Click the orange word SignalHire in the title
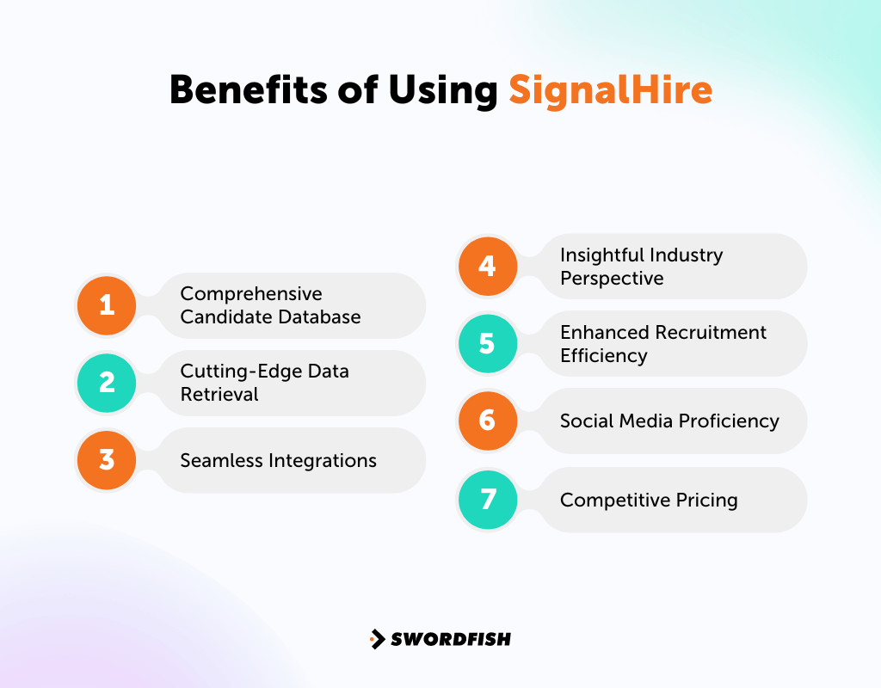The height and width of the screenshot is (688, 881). tap(610, 89)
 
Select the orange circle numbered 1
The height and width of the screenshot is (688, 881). tap(107, 305)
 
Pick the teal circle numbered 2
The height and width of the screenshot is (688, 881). tap(107, 383)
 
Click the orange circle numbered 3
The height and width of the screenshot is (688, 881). tap(107, 460)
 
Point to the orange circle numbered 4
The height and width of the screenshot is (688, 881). tap(487, 266)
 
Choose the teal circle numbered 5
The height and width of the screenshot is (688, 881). tap(487, 343)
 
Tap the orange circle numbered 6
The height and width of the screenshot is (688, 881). tap(487, 421)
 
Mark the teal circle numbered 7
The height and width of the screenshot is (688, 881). tap(487, 500)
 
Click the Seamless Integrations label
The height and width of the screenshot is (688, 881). tap(278, 460)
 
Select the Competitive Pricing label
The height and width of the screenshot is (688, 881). tap(649, 500)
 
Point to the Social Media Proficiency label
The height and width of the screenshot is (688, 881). tap(669, 421)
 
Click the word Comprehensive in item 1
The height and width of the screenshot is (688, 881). tap(251, 294)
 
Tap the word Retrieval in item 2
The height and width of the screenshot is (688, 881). tap(219, 394)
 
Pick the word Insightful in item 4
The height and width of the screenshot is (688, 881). tap(601, 255)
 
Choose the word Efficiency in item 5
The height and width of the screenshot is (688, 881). tap(603, 354)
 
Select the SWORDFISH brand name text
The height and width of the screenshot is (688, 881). tap(451, 639)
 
